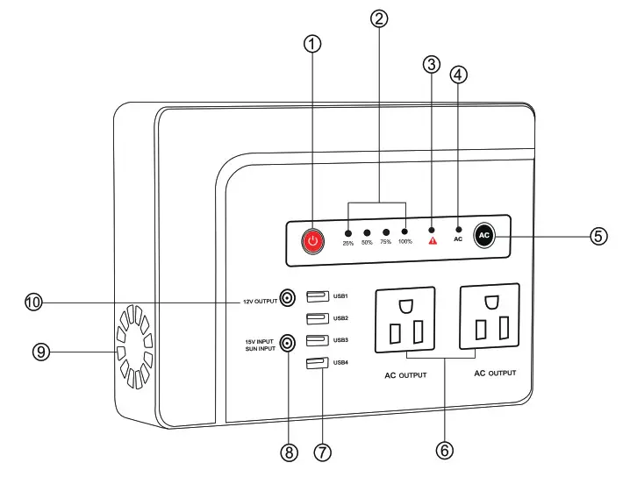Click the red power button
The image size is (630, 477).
(313, 240)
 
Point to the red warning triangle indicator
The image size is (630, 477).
(432, 239)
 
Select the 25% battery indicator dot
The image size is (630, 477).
(348, 233)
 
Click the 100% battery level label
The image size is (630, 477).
(404, 243)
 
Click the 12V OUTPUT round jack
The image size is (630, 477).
(286, 299)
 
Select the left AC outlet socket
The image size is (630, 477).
(404, 322)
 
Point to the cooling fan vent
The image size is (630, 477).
(134, 346)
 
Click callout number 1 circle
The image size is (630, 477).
(313, 44)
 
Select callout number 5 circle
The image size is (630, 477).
(598, 236)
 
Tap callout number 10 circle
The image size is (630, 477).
(33, 302)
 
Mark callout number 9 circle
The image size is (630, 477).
(39, 352)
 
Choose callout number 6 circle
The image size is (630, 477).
(444, 450)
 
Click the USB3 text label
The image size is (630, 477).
(341, 340)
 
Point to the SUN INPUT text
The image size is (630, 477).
(260, 348)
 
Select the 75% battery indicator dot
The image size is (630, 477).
(386, 233)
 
